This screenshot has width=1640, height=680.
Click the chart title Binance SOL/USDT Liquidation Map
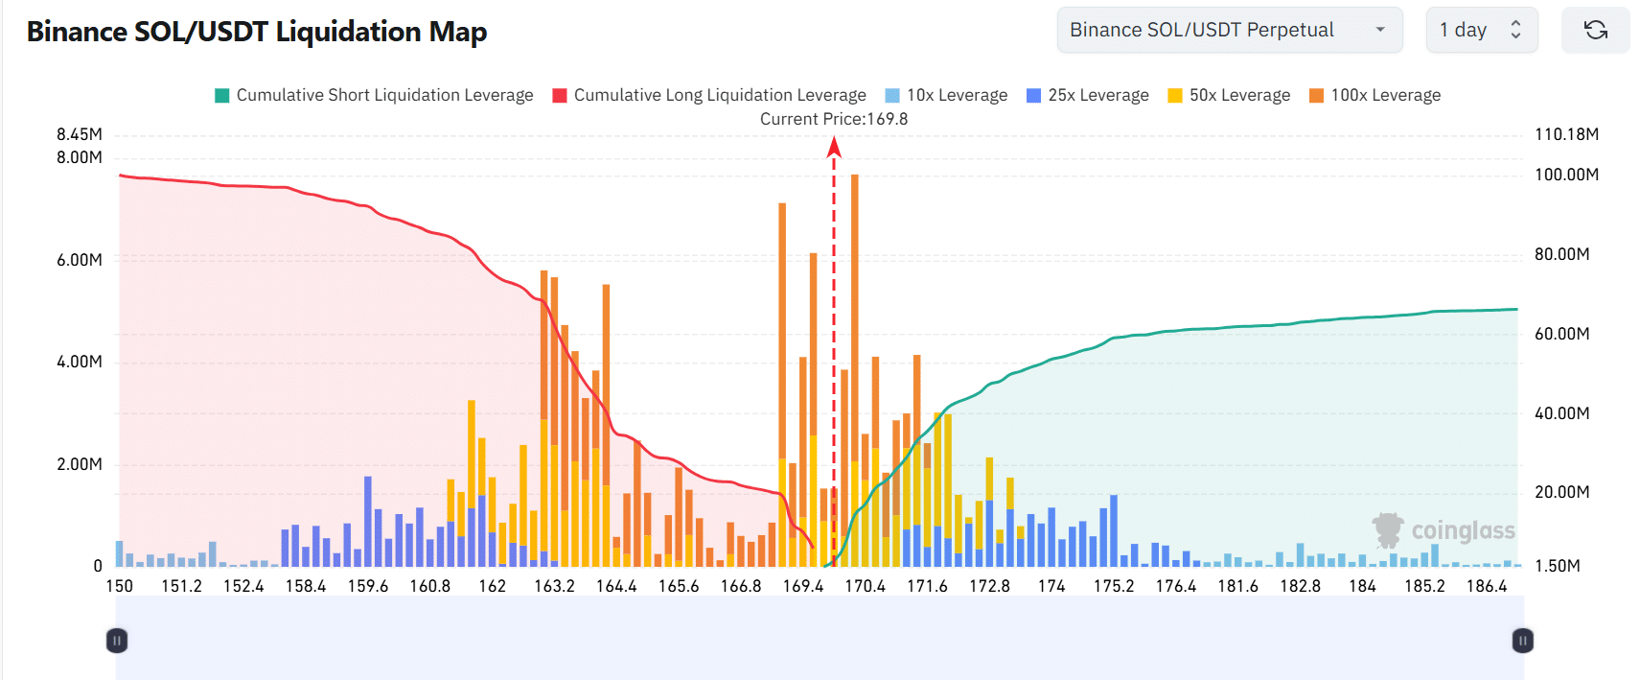[257, 32]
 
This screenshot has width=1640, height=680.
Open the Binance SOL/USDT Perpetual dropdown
[1229, 30]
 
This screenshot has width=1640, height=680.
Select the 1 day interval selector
[1481, 30]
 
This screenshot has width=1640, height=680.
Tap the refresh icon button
[1595, 30]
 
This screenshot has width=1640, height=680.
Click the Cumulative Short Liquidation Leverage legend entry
[374, 95]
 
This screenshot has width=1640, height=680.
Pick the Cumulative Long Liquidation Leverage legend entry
[709, 95]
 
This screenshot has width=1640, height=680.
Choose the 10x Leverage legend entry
[946, 95]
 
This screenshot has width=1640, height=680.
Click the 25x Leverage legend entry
[1087, 95]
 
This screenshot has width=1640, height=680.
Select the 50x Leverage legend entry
[1229, 95]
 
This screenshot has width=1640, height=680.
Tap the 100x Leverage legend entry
[1374, 95]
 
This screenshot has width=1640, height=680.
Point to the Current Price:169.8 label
[834, 119]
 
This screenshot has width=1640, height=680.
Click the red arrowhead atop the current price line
[834, 147]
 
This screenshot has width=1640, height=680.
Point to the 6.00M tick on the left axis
[80, 260]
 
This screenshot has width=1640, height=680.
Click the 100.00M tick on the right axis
[1566, 175]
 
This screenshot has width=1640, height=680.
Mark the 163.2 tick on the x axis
[554, 586]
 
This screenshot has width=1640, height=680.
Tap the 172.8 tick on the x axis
[989, 586]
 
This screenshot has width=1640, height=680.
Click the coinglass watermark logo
[1444, 530]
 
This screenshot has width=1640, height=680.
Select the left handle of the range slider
[117, 641]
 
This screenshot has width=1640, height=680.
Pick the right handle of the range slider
[1522, 641]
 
